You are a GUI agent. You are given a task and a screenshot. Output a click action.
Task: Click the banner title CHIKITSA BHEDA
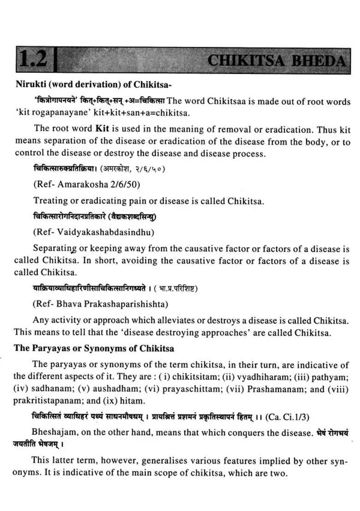tap(276, 60)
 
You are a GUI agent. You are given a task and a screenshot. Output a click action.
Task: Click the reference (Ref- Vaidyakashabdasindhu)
tap(93, 232)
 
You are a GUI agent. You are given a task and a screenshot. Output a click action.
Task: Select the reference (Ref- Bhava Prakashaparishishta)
tap(100, 304)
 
